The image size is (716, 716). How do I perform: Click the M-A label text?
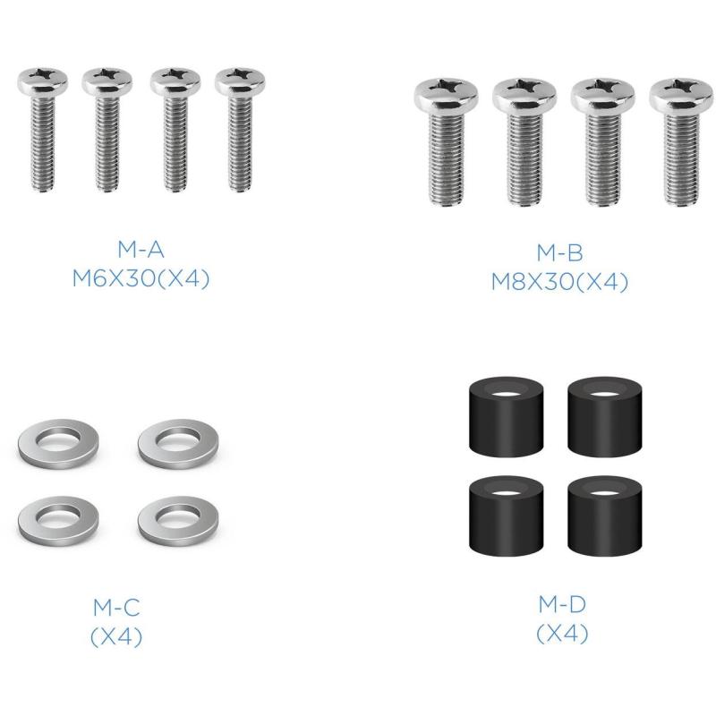(141, 250)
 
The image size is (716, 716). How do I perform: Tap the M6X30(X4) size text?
(141, 278)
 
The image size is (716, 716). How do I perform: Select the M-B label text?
(560, 252)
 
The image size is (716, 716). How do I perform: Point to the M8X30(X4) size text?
(560, 282)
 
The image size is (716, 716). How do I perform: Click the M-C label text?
(116, 608)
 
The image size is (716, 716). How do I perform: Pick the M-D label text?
(562, 604)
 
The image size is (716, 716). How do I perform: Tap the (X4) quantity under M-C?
(116, 636)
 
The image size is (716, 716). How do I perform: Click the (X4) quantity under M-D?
(562, 634)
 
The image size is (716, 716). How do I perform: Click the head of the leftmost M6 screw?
(43, 81)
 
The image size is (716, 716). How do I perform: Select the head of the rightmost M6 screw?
(240, 81)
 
